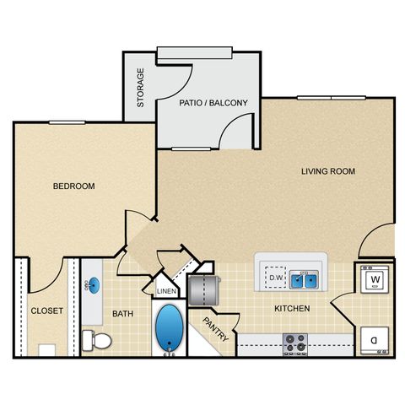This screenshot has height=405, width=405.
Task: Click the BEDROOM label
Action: [x=74, y=186]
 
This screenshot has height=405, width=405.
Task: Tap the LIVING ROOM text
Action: [x=328, y=171]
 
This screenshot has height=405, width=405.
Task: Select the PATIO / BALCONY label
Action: [x=213, y=103]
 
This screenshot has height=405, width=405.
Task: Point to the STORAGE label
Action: [x=140, y=88]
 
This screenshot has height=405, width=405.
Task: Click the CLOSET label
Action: [x=47, y=310]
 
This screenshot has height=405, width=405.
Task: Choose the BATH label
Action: [x=123, y=314]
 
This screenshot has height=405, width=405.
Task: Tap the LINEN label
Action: [x=166, y=291]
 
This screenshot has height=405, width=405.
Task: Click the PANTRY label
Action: [x=216, y=329]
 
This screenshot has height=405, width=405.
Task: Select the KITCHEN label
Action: [x=292, y=309]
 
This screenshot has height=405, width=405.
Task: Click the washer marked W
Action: [x=375, y=279]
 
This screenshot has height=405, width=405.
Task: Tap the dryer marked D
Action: [x=375, y=341]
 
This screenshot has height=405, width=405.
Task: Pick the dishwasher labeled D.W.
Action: [x=276, y=278]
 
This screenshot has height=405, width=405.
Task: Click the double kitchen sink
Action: [x=304, y=279]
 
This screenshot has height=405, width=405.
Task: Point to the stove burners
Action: [x=295, y=344]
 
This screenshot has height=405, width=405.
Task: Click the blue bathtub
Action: [x=169, y=327]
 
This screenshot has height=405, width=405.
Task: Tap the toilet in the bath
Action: [x=97, y=340]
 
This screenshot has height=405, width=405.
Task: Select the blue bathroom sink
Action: [x=94, y=285]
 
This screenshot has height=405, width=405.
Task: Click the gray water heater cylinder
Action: [x=204, y=290]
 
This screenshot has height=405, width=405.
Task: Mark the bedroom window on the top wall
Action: [x=67, y=122]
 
